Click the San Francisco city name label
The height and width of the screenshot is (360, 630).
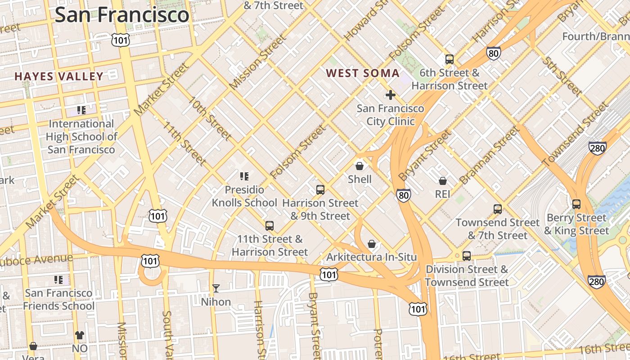[x=121, y=14]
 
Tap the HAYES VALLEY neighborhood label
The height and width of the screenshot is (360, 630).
[x=59, y=76]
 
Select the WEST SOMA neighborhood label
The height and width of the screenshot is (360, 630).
[x=363, y=73]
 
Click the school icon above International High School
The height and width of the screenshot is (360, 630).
[x=81, y=110]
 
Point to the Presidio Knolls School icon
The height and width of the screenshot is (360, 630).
[x=244, y=176]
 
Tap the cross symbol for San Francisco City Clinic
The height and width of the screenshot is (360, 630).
[x=390, y=95]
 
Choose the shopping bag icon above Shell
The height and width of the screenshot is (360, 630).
[x=359, y=166]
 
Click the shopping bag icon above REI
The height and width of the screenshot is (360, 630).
[x=443, y=181]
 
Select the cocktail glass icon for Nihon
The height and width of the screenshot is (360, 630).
[x=216, y=288]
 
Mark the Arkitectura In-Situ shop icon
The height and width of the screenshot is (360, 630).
[x=372, y=244]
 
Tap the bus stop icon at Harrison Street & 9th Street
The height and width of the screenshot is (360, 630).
[x=320, y=189]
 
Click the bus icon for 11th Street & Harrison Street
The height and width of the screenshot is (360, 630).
[x=270, y=225]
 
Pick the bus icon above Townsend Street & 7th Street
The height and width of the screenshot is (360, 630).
[x=497, y=209]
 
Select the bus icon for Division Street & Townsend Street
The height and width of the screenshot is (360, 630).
[x=467, y=256]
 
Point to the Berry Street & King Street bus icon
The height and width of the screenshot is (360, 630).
[x=576, y=204]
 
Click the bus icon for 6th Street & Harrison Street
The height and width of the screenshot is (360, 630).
[x=449, y=59]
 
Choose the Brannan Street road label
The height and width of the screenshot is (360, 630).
[x=489, y=156]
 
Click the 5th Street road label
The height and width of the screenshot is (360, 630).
[x=562, y=76]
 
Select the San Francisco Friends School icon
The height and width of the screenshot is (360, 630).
[x=58, y=280]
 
